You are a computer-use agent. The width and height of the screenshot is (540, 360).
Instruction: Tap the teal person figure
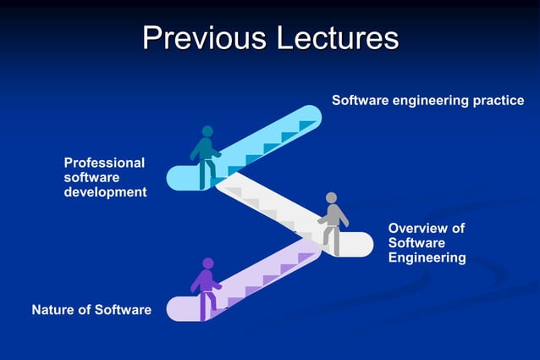click(205, 155)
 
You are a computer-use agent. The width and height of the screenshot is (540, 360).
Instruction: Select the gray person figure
click(332, 222)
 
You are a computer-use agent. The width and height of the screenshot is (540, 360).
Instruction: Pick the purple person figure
click(206, 287)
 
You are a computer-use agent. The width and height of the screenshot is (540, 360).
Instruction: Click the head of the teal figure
click(207, 132)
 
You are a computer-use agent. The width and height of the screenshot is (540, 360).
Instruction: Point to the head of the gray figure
click(332, 198)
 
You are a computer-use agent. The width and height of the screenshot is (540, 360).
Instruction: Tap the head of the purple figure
click(208, 263)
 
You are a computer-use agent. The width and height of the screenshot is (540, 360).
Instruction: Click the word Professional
click(104, 163)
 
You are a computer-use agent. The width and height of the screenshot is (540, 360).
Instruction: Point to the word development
click(105, 192)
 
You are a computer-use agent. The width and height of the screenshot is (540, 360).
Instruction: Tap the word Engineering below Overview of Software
click(427, 258)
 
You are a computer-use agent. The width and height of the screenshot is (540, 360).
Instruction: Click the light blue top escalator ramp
click(271, 136)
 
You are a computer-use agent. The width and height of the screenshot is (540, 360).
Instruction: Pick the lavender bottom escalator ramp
click(262, 280)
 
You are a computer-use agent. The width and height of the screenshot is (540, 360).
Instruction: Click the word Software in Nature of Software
click(123, 310)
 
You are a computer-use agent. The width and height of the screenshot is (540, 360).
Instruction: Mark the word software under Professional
click(91, 178)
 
